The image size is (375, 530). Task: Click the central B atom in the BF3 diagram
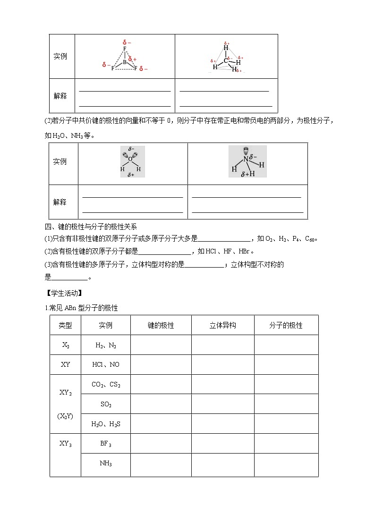pyautogui.click(x=125, y=62)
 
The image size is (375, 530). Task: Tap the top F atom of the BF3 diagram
pyautogui.click(x=125, y=49)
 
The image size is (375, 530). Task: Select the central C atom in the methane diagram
pyautogui.click(x=226, y=60)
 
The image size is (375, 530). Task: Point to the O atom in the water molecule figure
pyautogui.click(x=130, y=159)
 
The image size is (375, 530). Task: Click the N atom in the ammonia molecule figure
pyautogui.click(x=245, y=160)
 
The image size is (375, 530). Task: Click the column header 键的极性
pyautogui.click(x=161, y=325)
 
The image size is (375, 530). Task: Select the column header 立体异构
pyautogui.click(x=222, y=325)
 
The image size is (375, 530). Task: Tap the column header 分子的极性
pyautogui.click(x=286, y=325)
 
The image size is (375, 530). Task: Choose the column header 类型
pyautogui.click(x=65, y=325)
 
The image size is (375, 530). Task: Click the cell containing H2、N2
pyautogui.click(x=106, y=345)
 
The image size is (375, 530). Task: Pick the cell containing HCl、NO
pyautogui.click(x=106, y=365)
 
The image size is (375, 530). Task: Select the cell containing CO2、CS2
pyautogui.click(x=106, y=385)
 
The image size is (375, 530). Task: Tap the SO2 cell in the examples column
pyautogui.click(x=106, y=404)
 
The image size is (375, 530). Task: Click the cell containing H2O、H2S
pyautogui.click(x=106, y=424)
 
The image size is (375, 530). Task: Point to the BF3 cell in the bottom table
pyautogui.click(x=106, y=444)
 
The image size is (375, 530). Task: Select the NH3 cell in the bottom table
pyautogui.click(x=106, y=463)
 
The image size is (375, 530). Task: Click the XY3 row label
pyautogui.click(x=65, y=444)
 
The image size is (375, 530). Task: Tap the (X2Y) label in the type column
pyautogui.click(x=65, y=416)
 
